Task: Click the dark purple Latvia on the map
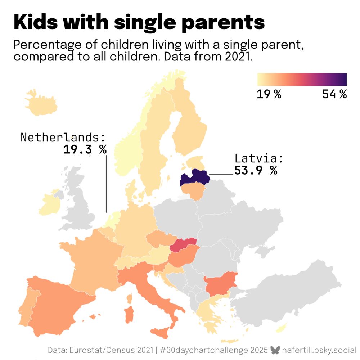point(194,178)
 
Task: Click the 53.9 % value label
point(256,170)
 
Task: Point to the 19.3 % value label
point(85,149)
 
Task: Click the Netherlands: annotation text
point(63,138)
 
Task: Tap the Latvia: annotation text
point(259,158)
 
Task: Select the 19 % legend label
point(269,94)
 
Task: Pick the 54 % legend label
point(334,94)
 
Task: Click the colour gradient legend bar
point(302,80)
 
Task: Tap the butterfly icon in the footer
point(275,350)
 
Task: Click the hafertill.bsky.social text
point(319,350)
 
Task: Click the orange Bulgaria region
point(220,282)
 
